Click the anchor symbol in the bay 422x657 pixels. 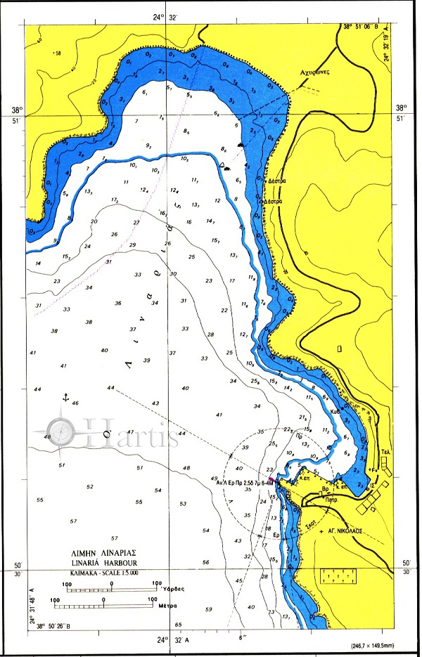coord(63,398)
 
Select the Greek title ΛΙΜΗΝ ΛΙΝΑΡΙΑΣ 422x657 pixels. coord(103,553)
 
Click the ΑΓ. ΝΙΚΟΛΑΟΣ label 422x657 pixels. coord(344,532)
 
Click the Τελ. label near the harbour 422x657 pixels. coord(385,453)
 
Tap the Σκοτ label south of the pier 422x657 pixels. coord(307,523)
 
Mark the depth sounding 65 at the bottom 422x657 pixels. coord(178,625)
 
